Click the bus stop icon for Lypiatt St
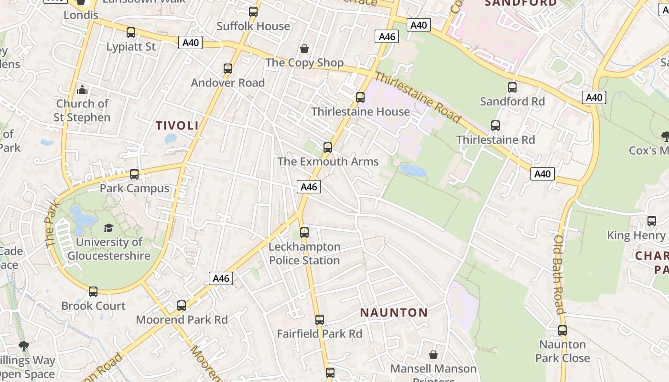point(131,32)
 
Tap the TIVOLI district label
point(177,126)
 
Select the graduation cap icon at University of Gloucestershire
point(108,228)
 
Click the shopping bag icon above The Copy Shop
point(304,49)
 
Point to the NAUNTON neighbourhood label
point(394,313)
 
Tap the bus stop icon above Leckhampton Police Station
point(304,233)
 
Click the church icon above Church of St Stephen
point(82,90)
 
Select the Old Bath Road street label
point(560,274)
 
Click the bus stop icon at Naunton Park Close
point(562,330)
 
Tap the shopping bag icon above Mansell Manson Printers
point(433,355)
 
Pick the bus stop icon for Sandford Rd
point(512,87)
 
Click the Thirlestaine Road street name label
point(418,97)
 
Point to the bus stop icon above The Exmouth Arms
point(328,148)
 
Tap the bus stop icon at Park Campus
point(134,174)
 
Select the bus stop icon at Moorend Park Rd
point(182,306)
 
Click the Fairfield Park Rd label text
point(320,334)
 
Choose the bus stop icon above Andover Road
point(228,69)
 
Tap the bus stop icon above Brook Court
point(93,292)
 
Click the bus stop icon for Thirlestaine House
point(360,97)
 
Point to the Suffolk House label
point(253,26)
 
